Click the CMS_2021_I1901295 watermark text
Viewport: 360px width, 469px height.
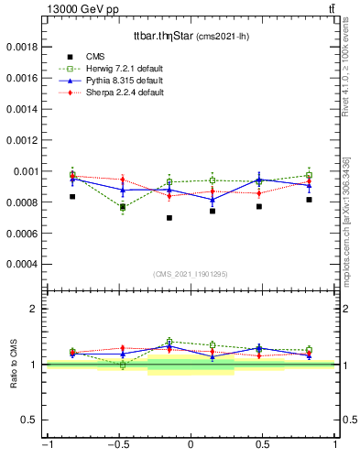tap(191, 275)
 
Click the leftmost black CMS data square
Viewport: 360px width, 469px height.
tap(72, 196)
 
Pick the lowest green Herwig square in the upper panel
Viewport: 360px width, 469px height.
tap(123, 208)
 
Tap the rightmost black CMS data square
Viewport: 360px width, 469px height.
tap(310, 200)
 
